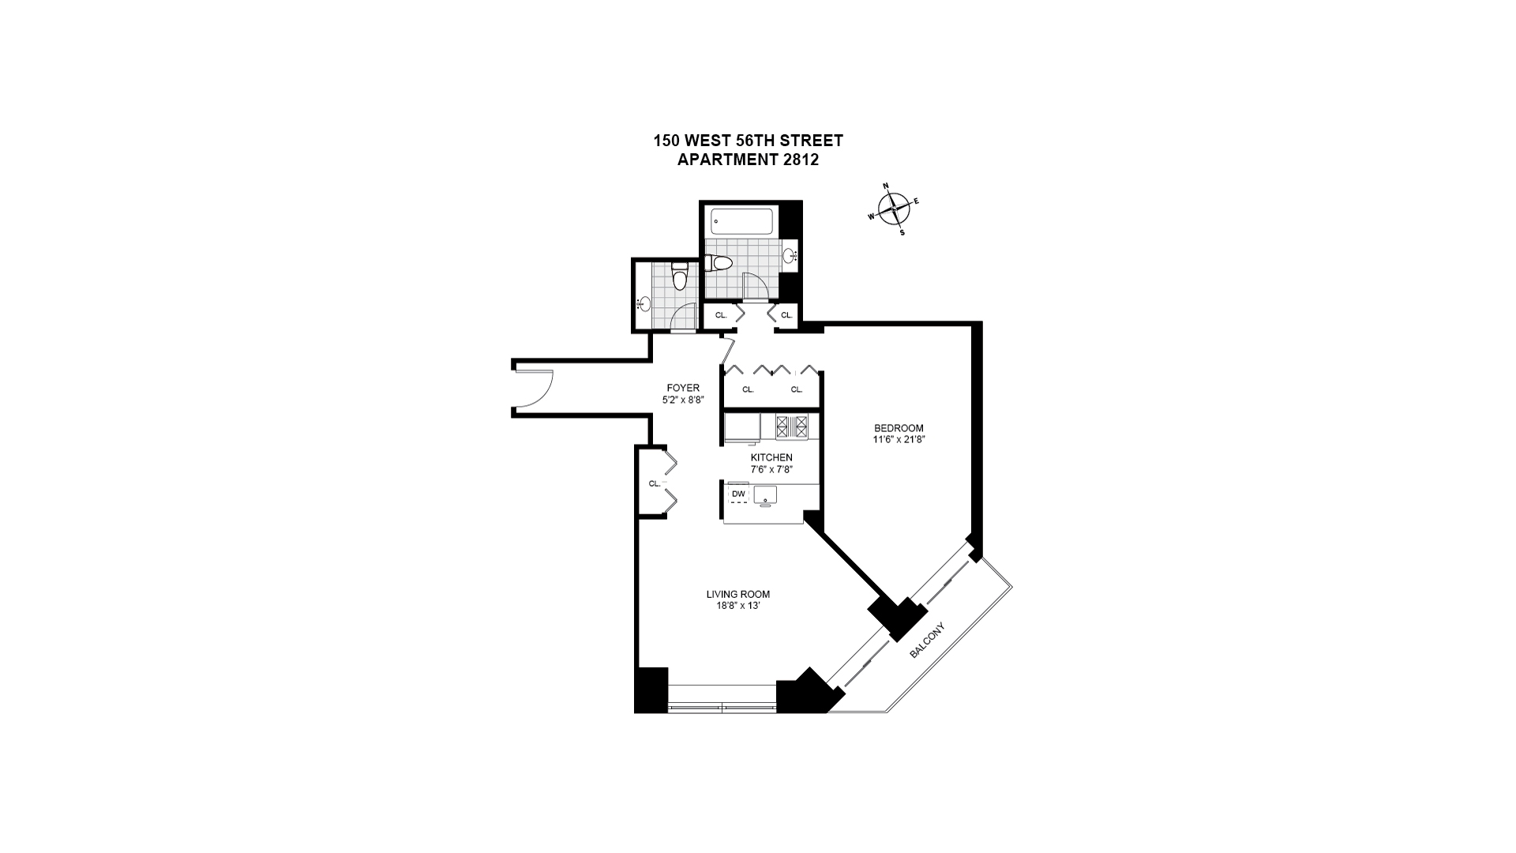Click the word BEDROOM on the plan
point(899,428)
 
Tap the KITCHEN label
point(771,457)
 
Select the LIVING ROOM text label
point(737,594)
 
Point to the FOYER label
point(683,388)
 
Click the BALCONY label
point(927,641)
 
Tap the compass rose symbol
point(893,209)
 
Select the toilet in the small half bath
point(679,277)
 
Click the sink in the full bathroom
point(791,255)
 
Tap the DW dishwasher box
point(738,494)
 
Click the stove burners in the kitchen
point(792,426)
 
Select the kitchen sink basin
point(765,495)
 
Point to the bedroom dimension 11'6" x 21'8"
point(899,440)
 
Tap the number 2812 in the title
point(800,160)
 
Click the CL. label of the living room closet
point(654,483)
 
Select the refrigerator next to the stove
point(742,426)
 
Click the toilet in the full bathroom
point(721,262)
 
